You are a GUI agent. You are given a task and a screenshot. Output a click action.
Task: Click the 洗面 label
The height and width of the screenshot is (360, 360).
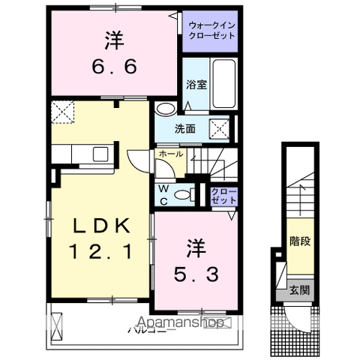(x=185, y=127)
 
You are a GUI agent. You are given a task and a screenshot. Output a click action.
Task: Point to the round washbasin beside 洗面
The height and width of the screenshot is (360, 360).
(x=163, y=109)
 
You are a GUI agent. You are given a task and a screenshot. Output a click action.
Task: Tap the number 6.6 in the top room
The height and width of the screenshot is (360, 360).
(x=115, y=67)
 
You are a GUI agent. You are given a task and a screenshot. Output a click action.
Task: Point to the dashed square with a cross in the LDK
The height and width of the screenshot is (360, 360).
(x=62, y=112)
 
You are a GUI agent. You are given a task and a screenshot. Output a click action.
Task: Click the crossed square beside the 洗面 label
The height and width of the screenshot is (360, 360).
(x=220, y=127)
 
